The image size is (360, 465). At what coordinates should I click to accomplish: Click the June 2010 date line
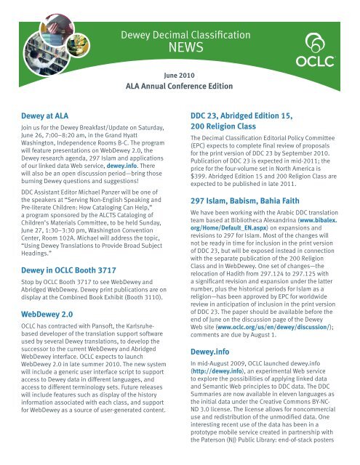coord(180,76)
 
